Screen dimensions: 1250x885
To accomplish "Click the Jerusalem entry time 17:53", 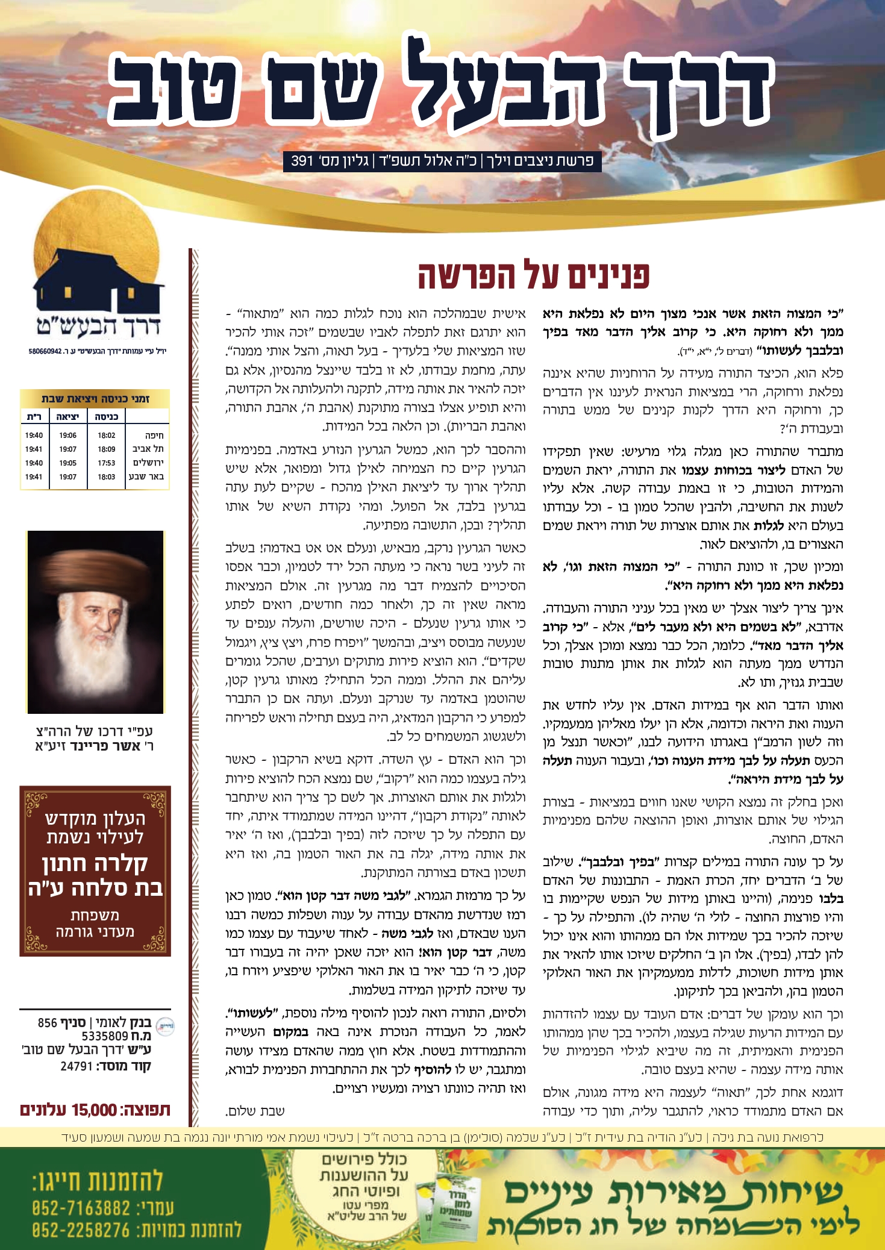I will (x=106, y=463).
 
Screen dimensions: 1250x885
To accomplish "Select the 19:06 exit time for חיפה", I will (x=67, y=435).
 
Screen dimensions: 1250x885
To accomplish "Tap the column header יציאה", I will (x=67, y=416).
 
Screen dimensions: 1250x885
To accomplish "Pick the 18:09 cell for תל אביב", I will (x=106, y=449).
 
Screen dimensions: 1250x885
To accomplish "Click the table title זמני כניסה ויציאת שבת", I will (x=95, y=398).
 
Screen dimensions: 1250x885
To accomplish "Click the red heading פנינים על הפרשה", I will (x=534, y=275).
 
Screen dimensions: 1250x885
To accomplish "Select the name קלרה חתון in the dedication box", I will (x=95, y=863).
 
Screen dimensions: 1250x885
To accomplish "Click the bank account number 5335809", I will (x=105, y=1036).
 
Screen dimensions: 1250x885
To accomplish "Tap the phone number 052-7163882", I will (x=81, y=1208).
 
